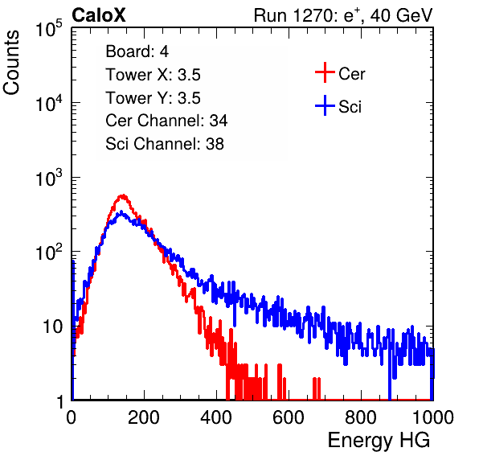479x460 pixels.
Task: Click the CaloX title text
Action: point(99,15)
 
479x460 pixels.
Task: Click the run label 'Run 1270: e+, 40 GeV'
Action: point(343,15)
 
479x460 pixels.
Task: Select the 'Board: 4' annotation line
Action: point(137,51)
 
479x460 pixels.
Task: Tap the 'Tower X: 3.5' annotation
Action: point(153,75)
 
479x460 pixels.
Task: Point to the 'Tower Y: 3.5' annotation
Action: point(153,98)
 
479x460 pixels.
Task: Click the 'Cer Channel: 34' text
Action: point(166,121)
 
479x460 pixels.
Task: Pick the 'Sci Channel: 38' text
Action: point(165,144)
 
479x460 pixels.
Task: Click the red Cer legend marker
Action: point(325,72)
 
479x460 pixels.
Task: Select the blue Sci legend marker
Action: point(325,105)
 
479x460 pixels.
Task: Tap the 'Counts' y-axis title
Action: point(11,63)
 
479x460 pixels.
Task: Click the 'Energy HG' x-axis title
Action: point(379,441)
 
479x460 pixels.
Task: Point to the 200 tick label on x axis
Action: point(144,417)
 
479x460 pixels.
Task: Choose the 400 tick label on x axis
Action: point(216,417)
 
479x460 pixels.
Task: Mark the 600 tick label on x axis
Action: point(289,417)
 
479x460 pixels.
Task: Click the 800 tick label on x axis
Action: point(361,417)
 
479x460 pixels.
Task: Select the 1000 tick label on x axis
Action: point(433,417)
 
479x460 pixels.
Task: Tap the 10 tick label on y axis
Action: point(53,327)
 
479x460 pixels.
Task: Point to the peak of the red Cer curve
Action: point(123,195)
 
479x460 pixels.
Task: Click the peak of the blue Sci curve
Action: point(121,212)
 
